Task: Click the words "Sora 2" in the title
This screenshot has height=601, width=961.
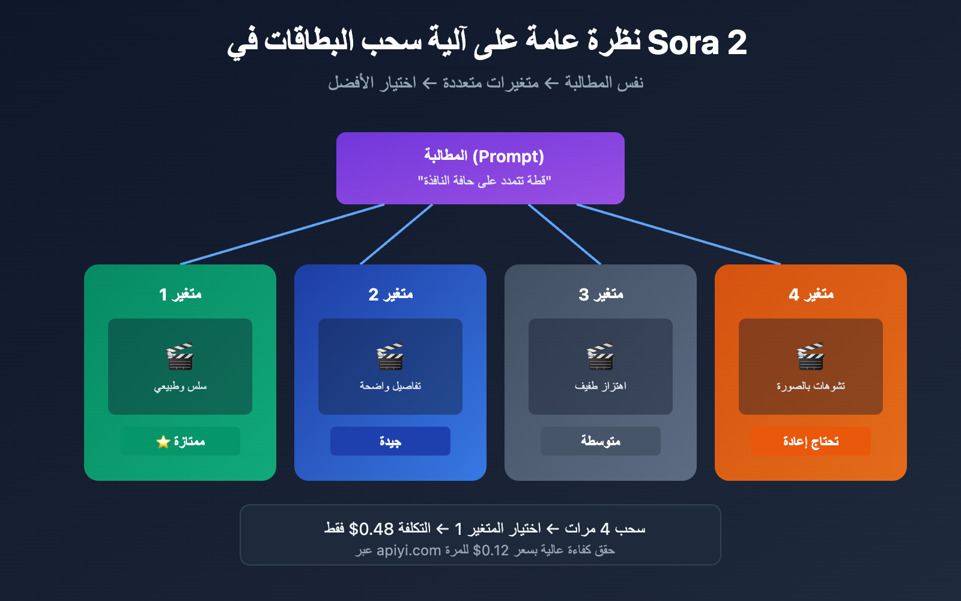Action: tap(697, 43)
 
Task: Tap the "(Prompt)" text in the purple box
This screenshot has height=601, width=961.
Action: tap(508, 156)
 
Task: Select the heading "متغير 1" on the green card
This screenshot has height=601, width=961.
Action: tap(180, 294)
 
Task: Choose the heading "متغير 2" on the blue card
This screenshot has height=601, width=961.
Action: tap(390, 294)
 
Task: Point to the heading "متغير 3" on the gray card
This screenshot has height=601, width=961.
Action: tap(601, 294)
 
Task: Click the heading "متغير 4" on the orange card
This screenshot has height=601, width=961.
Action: tap(811, 294)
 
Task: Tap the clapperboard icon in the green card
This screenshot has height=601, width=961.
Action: tap(180, 356)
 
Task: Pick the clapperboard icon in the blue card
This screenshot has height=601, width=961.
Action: tap(390, 356)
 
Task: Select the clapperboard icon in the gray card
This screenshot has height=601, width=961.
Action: tap(601, 356)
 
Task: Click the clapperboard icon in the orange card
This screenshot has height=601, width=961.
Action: tap(811, 356)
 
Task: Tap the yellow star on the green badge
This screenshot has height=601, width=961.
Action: tap(163, 442)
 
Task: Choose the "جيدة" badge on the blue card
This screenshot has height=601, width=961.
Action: tap(390, 441)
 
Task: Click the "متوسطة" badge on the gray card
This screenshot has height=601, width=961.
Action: tap(601, 441)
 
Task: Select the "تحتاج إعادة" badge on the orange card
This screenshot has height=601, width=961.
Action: tap(811, 441)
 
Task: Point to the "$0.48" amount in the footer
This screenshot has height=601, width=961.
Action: tap(371, 529)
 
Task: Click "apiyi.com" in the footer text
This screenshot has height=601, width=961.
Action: tap(408, 551)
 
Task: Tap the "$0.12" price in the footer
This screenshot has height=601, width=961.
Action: tap(491, 551)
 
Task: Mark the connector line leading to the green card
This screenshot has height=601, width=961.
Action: tap(282, 234)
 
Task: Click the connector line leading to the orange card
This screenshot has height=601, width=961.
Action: tap(679, 234)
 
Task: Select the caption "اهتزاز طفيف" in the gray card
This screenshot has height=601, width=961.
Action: tap(601, 386)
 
